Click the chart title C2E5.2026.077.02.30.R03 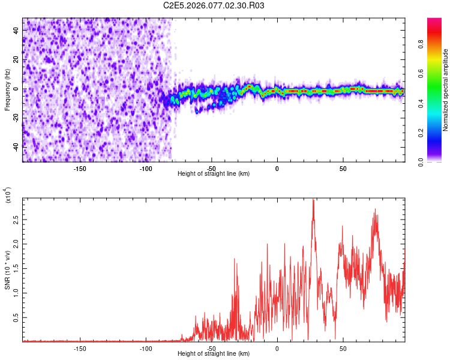click(x=214, y=6)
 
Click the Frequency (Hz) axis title click(x=8, y=90)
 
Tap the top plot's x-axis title click(x=214, y=173)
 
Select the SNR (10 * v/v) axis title click(x=8, y=270)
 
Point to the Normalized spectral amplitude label click(x=446, y=90)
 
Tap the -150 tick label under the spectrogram click(x=80, y=168)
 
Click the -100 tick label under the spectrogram click(x=145, y=168)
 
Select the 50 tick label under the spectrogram click(x=343, y=168)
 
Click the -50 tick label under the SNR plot click(x=211, y=348)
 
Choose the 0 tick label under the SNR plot click(x=277, y=348)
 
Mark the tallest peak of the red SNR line click(x=313, y=200)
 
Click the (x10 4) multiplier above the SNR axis click(x=8, y=195)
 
